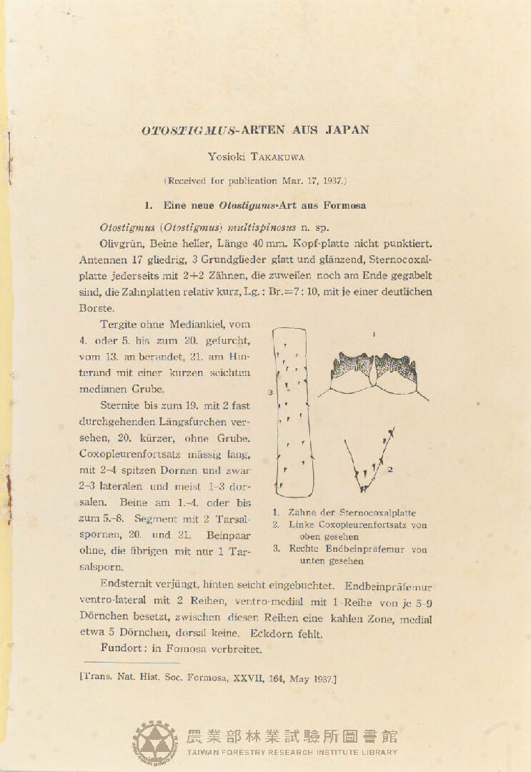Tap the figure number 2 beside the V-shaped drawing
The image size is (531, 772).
pos(391,470)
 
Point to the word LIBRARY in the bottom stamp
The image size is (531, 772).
pos(377,752)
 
